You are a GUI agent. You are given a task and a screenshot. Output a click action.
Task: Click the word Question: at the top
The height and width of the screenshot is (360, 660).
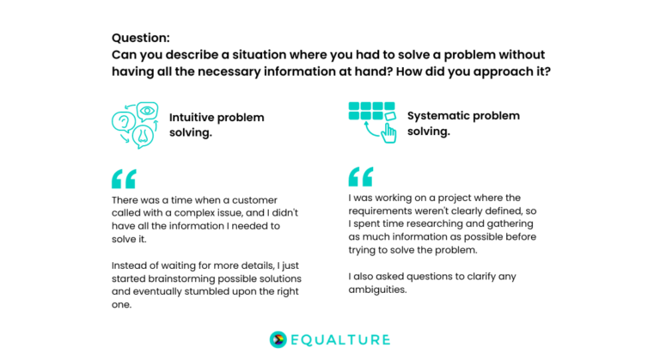[140, 38]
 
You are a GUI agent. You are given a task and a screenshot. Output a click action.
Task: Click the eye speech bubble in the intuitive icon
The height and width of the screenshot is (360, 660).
[147, 112]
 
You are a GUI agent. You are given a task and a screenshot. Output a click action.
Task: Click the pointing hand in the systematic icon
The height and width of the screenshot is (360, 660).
[388, 132]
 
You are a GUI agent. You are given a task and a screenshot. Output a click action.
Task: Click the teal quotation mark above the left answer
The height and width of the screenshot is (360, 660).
[124, 179]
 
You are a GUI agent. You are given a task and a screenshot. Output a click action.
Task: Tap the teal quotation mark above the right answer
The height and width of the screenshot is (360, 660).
[361, 176]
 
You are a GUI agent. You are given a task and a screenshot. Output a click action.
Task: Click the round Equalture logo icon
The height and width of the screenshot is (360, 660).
[278, 339]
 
